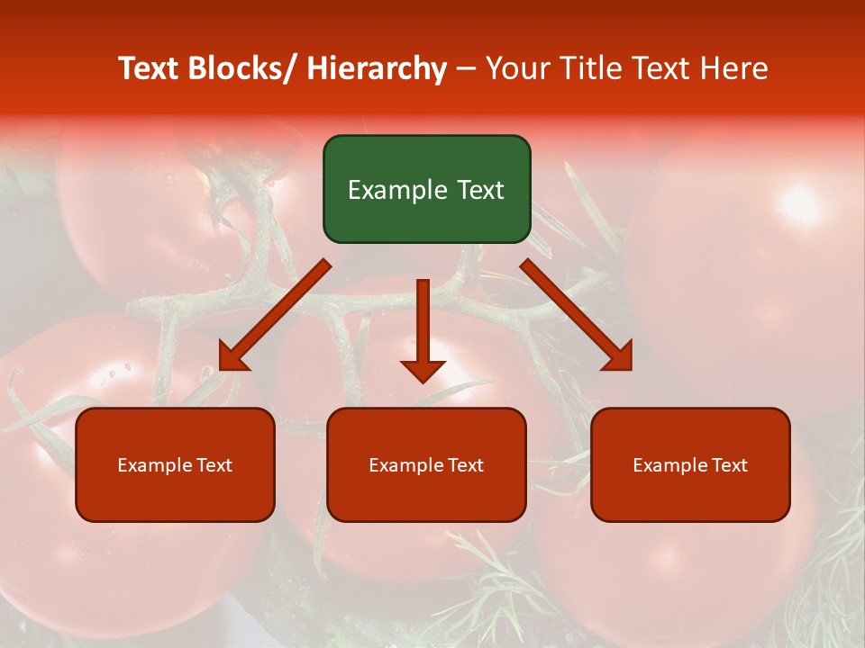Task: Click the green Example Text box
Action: [x=426, y=189]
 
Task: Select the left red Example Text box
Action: [x=175, y=464]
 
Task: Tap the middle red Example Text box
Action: [x=426, y=464]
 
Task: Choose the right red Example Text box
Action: [x=690, y=464]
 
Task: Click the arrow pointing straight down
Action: [x=423, y=329]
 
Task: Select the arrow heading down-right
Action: [x=577, y=315]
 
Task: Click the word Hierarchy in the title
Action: [x=377, y=68]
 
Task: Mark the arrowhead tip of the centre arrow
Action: [x=423, y=382]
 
